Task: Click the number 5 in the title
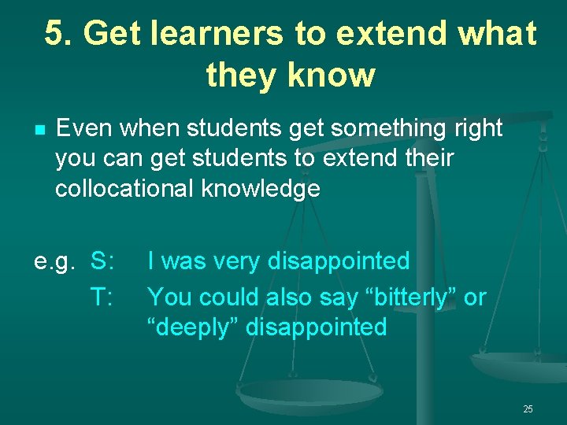pyautogui.click(x=54, y=34)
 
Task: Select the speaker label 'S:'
pyautogui.click(x=104, y=261)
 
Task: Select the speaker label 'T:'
pyautogui.click(x=103, y=297)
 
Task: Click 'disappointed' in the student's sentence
pyautogui.click(x=339, y=261)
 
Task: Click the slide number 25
pyautogui.click(x=528, y=408)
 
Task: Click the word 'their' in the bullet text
pyautogui.click(x=426, y=158)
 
